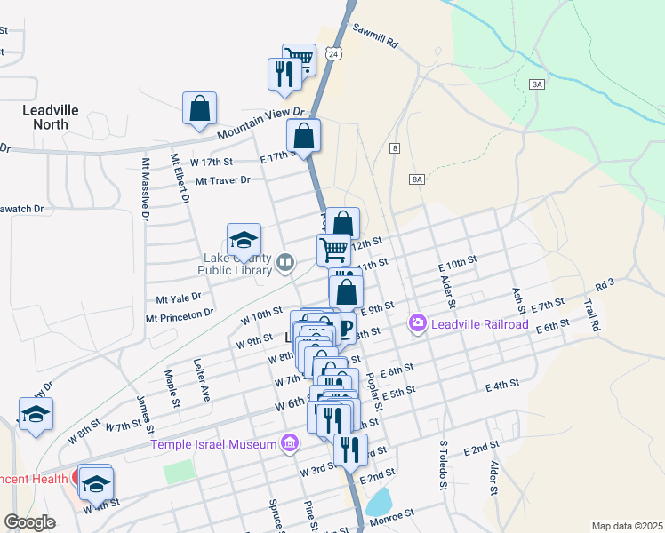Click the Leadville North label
click(x=57, y=117)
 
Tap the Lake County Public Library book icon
click(x=285, y=262)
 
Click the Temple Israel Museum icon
click(x=289, y=442)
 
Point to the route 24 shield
click(x=332, y=54)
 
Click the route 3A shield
click(x=536, y=84)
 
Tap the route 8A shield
click(x=418, y=179)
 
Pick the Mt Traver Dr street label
click(x=223, y=179)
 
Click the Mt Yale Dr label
click(x=178, y=298)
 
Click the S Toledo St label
click(x=442, y=464)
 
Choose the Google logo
click(x=29, y=522)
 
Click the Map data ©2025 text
click(x=626, y=526)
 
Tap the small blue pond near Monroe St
click(x=379, y=502)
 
